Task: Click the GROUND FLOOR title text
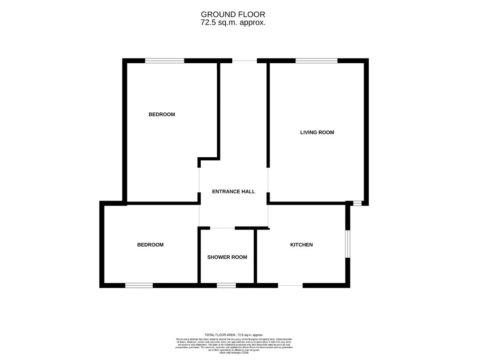point(233,14)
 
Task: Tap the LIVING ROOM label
point(317,132)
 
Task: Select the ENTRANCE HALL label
point(233,191)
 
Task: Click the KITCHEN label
point(301,245)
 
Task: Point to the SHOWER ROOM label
point(227,257)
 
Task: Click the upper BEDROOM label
point(162,115)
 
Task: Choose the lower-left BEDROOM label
point(150,245)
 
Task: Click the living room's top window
point(316,61)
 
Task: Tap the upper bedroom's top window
point(165,61)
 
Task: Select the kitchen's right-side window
point(347,244)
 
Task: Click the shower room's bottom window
point(226,285)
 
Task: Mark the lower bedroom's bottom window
point(139,285)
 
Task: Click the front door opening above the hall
point(244,61)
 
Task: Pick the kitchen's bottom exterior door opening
point(290,285)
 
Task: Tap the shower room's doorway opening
point(222,228)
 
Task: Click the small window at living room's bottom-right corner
point(357,203)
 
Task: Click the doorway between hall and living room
point(268,180)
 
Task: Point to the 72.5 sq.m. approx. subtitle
point(233,22)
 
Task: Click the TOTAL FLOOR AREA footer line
point(234,335)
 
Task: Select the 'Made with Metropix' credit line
point(234,352)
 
